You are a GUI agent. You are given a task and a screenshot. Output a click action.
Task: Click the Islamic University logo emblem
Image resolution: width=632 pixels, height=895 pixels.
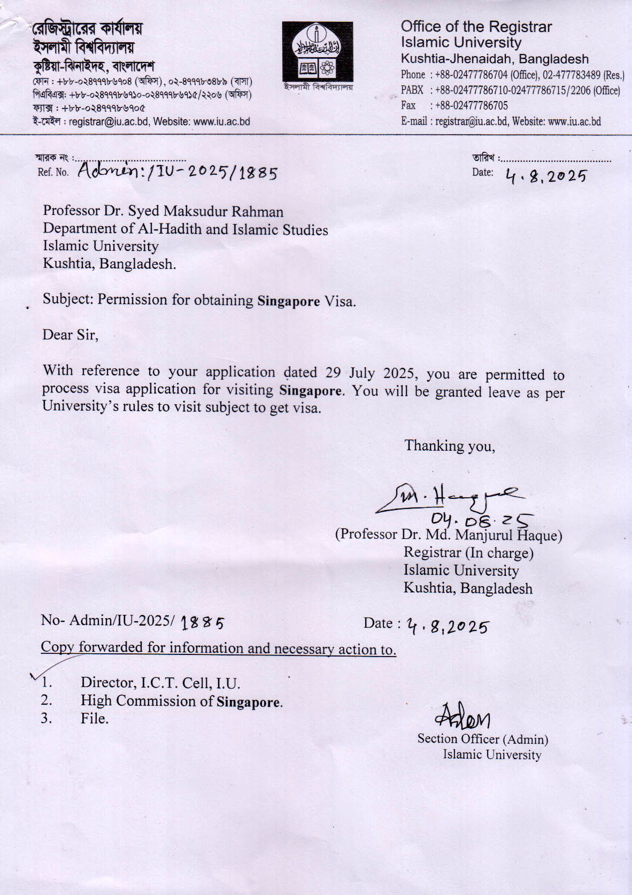pyautogui.click(x=317, y=52)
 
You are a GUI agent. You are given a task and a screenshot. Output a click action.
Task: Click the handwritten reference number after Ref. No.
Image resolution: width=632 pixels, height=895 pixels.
pyautogui.click(x=178, y=172)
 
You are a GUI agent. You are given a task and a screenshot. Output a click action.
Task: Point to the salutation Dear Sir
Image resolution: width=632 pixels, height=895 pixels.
pyautogui.click(x=70, y=335)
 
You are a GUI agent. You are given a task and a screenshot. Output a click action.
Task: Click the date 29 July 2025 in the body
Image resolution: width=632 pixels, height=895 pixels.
pyautogui.click(x=347, y=373)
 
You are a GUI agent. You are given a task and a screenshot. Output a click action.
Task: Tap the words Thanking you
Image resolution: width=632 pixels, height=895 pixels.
pyautogui.click(x=449, y=446)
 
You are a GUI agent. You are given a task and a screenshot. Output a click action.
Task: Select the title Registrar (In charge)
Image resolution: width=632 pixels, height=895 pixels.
pyautogui.click(x=468, y=553)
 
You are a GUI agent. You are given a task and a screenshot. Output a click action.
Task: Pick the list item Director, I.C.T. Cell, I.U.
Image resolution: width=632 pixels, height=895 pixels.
pyautogui.click(x=160, y=683)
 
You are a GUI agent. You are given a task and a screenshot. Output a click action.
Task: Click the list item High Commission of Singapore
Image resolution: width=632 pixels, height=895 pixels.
pyautogui.click(x=182, y=701)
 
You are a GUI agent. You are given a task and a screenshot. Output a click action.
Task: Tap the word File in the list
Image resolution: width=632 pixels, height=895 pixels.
pyautogui.click(x=94, y=719)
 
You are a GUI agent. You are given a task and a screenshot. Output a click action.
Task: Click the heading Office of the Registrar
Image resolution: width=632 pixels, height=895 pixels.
pyautogui.click(x=476, y=27)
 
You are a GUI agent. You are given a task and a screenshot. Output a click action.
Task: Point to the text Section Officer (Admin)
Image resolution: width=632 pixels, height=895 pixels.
pyautogui.click(x=482, y=739)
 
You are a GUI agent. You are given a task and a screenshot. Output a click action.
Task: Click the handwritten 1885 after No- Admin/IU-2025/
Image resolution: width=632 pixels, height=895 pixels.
pyautogui.click(x=203, y=622)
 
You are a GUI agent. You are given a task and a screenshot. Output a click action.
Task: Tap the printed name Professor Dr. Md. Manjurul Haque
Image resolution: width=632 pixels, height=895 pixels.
pyautogui.click(x=449, y=535)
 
